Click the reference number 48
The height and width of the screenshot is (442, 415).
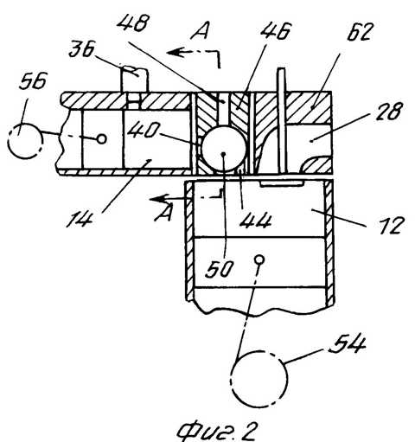coord(133,23)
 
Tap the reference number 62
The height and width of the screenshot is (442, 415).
coord(361,31)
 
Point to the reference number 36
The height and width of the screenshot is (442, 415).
coord(82,49)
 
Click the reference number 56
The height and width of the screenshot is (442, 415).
coord(33,80)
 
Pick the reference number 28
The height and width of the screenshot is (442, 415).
coord(389,112)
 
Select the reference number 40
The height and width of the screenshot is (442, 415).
coord(143,130)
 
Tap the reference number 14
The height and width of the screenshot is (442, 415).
coord(80,219)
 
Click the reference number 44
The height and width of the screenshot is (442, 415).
coord(256,221)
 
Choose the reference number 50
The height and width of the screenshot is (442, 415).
coord(219,269)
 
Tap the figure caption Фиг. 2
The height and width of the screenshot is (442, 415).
coord(216,431)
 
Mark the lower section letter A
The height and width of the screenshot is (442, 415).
coord(164,214)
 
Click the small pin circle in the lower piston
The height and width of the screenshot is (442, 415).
coord(259,259)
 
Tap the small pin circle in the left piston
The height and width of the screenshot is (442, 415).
coord(101,139)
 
